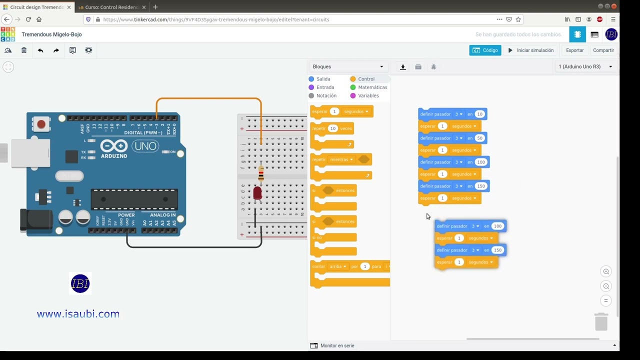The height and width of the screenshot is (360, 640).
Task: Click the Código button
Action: click(485, 50)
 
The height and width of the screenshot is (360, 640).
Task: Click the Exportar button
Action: click(574, 50)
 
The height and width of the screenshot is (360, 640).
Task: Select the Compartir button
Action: click(603, 50)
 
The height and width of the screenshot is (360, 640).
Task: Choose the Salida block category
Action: click(323, 79)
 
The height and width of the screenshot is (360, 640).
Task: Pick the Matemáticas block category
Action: click(372, 87)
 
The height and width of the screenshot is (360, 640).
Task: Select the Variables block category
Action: click(368, 96)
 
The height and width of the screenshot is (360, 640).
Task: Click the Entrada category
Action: click(325, 87)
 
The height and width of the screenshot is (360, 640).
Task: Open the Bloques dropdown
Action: click(348, 66)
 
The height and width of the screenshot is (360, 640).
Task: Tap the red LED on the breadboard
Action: click(257, 193)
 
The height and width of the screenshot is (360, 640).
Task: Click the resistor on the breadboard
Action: click(261, 174)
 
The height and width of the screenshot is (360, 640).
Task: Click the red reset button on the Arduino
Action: click(41, 124)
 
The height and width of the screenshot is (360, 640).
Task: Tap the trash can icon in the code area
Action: click(601, 321)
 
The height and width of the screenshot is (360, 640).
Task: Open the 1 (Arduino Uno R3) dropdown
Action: click(585, 66)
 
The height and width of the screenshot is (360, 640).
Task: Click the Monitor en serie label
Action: click(337, 345)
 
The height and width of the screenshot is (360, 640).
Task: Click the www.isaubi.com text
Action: click(78, 314)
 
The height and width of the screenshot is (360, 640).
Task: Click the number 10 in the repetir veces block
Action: click(332, 128)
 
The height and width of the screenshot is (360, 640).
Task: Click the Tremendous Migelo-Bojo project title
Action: click(51, 34)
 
